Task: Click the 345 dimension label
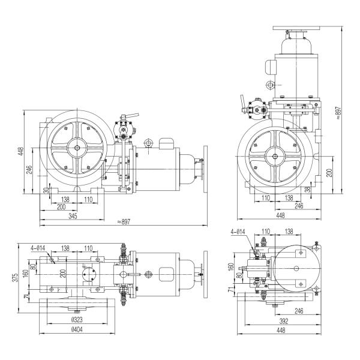pyautogui.click(x=73, y=216)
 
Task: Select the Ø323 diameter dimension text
pyautogui.click(x=77, y=320)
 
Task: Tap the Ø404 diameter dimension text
pyautogui.click(x=77, y=329)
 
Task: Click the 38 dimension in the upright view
pyautogui.click(x=308, y=189)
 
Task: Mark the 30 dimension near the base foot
pyautogui.click(x=46, y=190)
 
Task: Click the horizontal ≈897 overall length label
pyautogui.click(x=124, y=222)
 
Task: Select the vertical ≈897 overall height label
pyautogui.click(x=338, y=113)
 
